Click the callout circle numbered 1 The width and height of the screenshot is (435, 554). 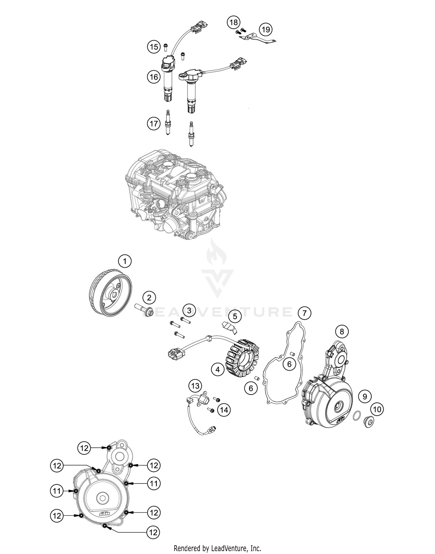click(x=125, y=261)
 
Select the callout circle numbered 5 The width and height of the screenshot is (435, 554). click(x=235, y=316)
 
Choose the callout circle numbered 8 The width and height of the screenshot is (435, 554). click(x=342, y=331)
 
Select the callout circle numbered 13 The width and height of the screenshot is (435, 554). click(x=195, y=386)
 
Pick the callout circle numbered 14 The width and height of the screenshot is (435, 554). click(x=225, y=410)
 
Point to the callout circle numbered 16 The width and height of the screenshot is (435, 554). click(x=154, y=77)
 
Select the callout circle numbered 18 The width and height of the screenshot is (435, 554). click(x=234, y=22)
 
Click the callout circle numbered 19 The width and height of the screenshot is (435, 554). click(x=266, y=29)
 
